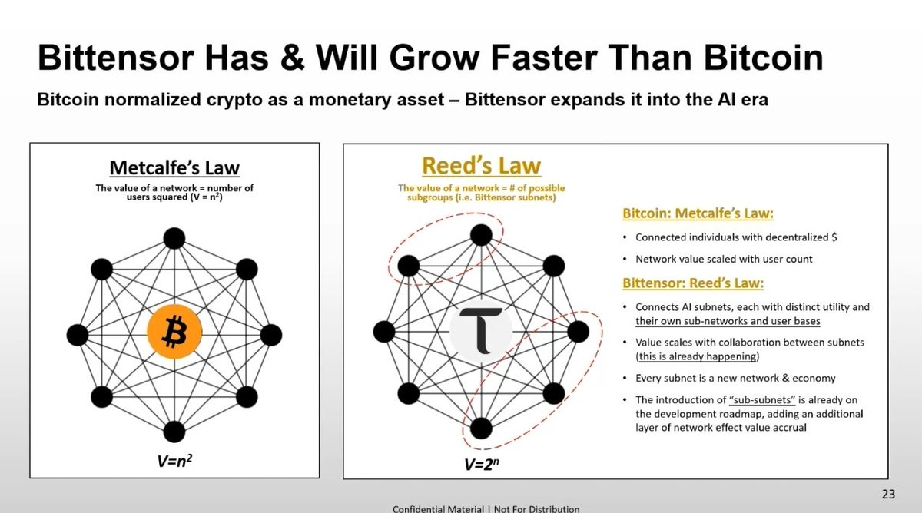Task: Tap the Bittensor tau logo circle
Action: [x=480, y=332]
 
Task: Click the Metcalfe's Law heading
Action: [x=174, y=167]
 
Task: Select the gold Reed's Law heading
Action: [x=480, y=166]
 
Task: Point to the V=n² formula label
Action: [x=174, y=462]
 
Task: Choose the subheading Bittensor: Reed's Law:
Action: [x=692, y=283]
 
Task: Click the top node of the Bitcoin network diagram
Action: [x=174, y=238]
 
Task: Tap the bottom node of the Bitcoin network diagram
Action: [x=174, y=431]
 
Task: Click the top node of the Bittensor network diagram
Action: [x=481, y=235]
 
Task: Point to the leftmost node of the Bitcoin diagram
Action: [x=78, y=335]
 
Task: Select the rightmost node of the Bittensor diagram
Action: [x=578, y=332]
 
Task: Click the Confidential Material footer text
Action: [x=486, y=508]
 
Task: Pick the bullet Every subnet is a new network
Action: [x=735, y=378]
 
